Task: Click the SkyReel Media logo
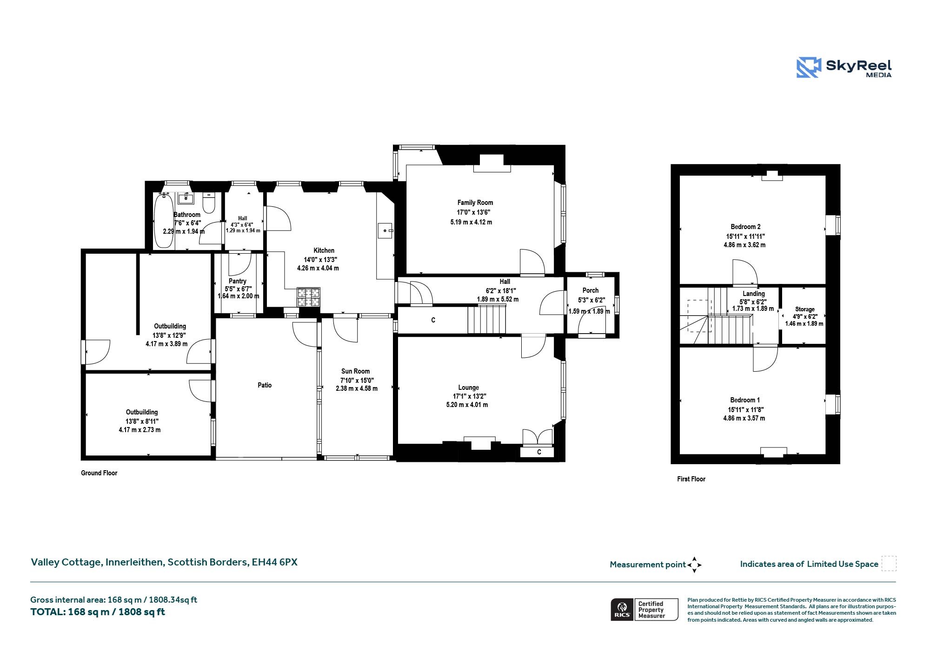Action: coord(844,67)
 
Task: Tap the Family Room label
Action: coord(475,203)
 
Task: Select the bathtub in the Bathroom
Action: coord(163,221)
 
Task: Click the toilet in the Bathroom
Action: coord(209,203)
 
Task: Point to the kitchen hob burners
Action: coord(308,297)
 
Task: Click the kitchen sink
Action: coord(386,230)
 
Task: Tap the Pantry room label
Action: coord(238,281)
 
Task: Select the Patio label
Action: coord(265,385)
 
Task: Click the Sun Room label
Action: coord(356,371)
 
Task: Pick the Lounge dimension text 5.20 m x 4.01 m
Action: coord(467,405)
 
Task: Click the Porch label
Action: coord(591,290)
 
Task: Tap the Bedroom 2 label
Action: coord(745,227)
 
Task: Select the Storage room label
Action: coord(805,309)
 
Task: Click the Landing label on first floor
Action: coord(754,294)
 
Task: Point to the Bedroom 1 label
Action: coord(745,400)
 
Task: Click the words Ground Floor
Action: coord(99,473)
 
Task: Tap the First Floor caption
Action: coord(691,479)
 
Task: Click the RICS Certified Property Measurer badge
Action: coord(644,610)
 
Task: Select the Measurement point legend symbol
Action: coord(694,565)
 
